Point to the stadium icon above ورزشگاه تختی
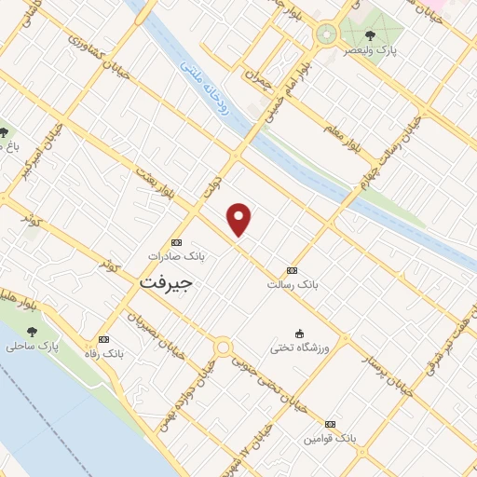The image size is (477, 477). (299, 334)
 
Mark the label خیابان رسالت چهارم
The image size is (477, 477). (385, 150)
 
